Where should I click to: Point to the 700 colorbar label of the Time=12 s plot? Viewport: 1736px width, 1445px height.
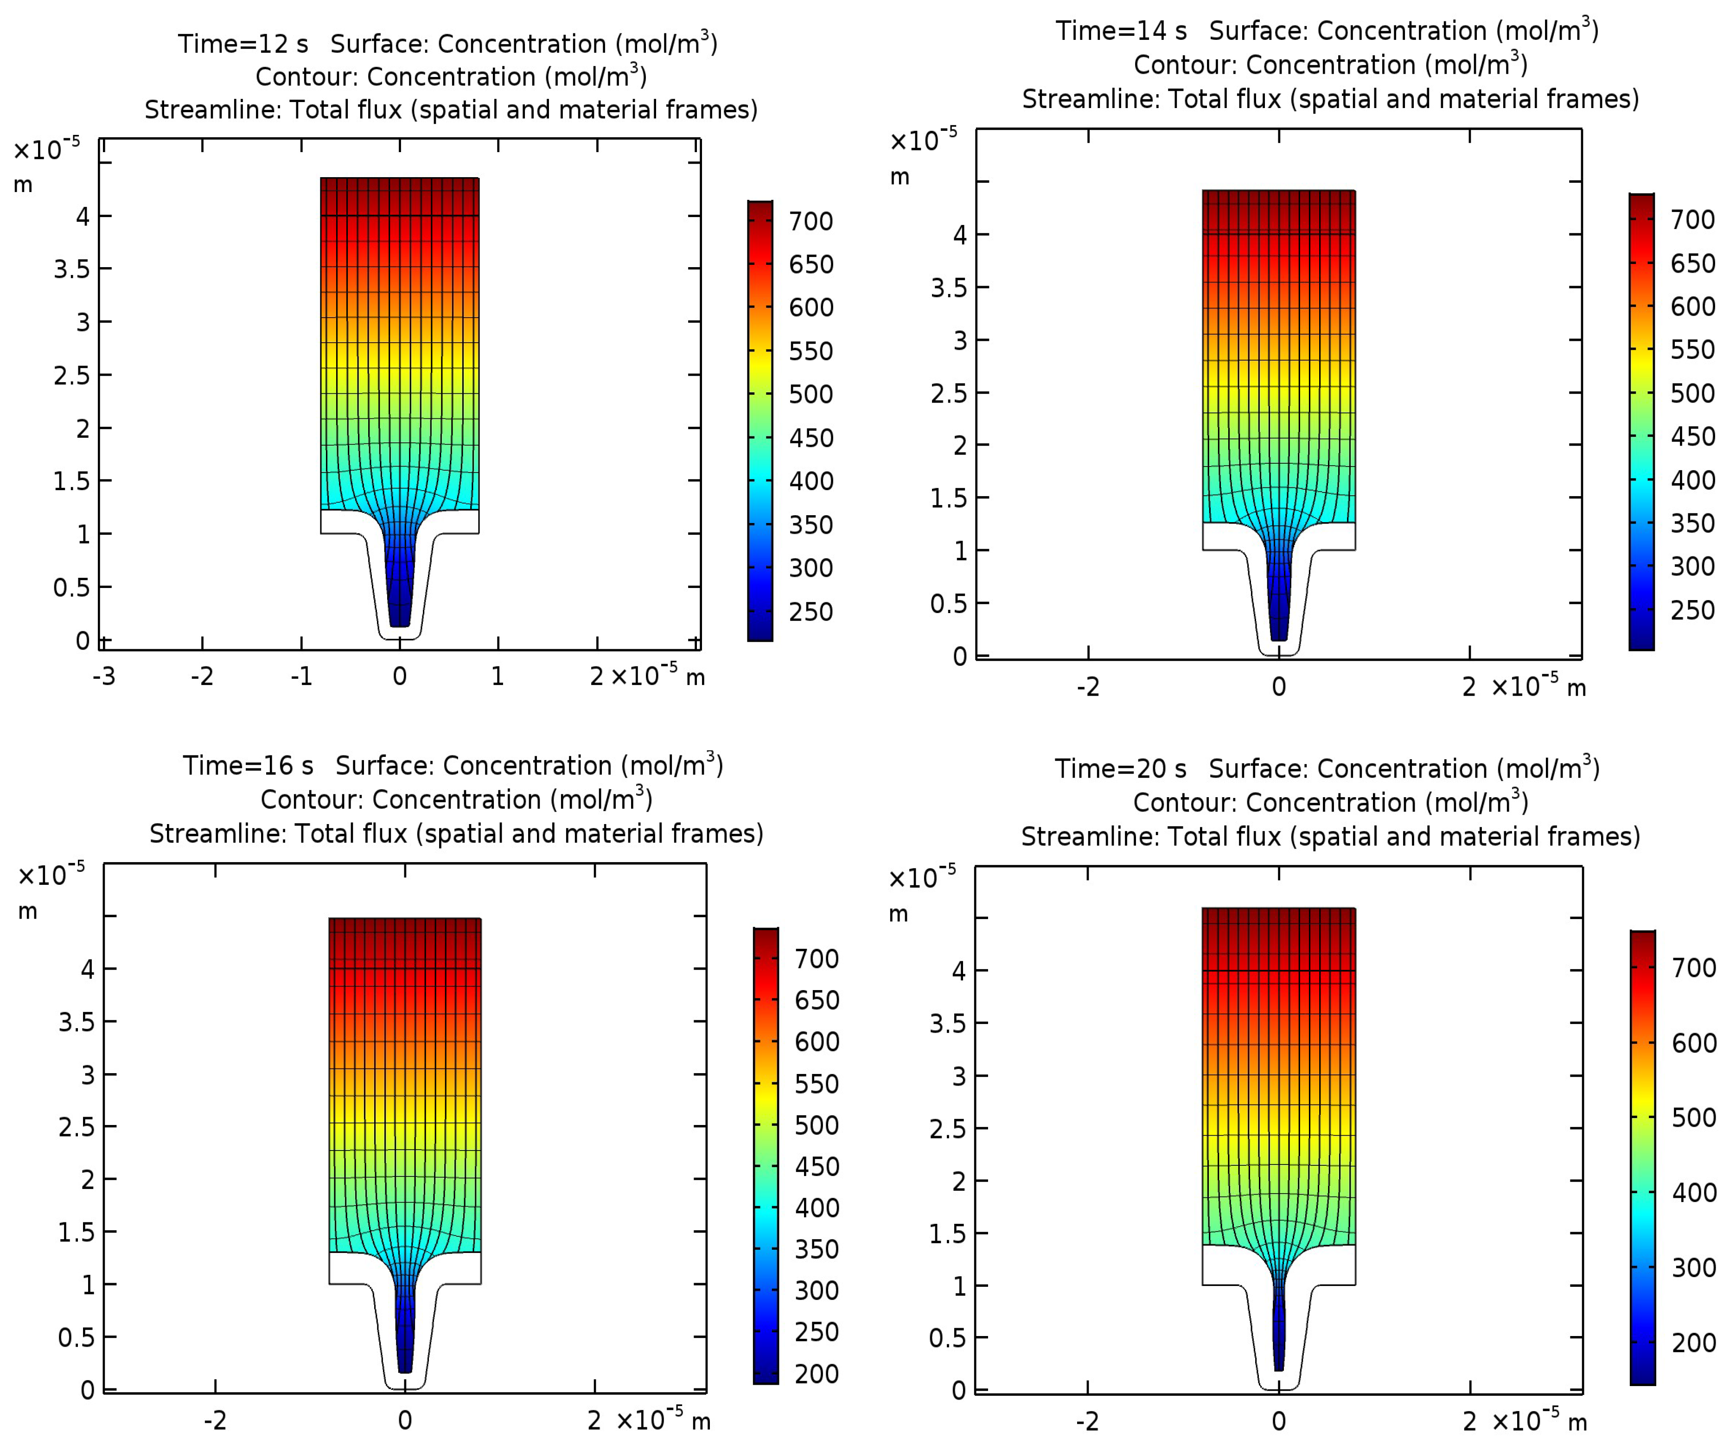point(810,222)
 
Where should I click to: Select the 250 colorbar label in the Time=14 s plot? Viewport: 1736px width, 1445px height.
point(1691,610)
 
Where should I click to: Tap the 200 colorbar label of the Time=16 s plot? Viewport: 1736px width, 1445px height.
point(816,1374)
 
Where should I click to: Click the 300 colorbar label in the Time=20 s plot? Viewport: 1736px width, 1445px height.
point(1693,1267)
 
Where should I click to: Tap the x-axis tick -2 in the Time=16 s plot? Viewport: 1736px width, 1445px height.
point(215,1420)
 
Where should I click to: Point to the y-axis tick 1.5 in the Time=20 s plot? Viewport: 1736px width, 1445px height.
point(947,1234)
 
